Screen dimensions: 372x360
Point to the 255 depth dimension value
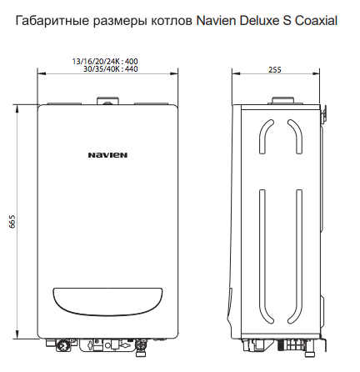[x=274, y=70]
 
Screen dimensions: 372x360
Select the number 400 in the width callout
[x=130, y=61]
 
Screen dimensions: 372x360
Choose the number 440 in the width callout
[x=130, y=68]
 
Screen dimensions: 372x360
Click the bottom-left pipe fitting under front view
[x=62, y=344]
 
